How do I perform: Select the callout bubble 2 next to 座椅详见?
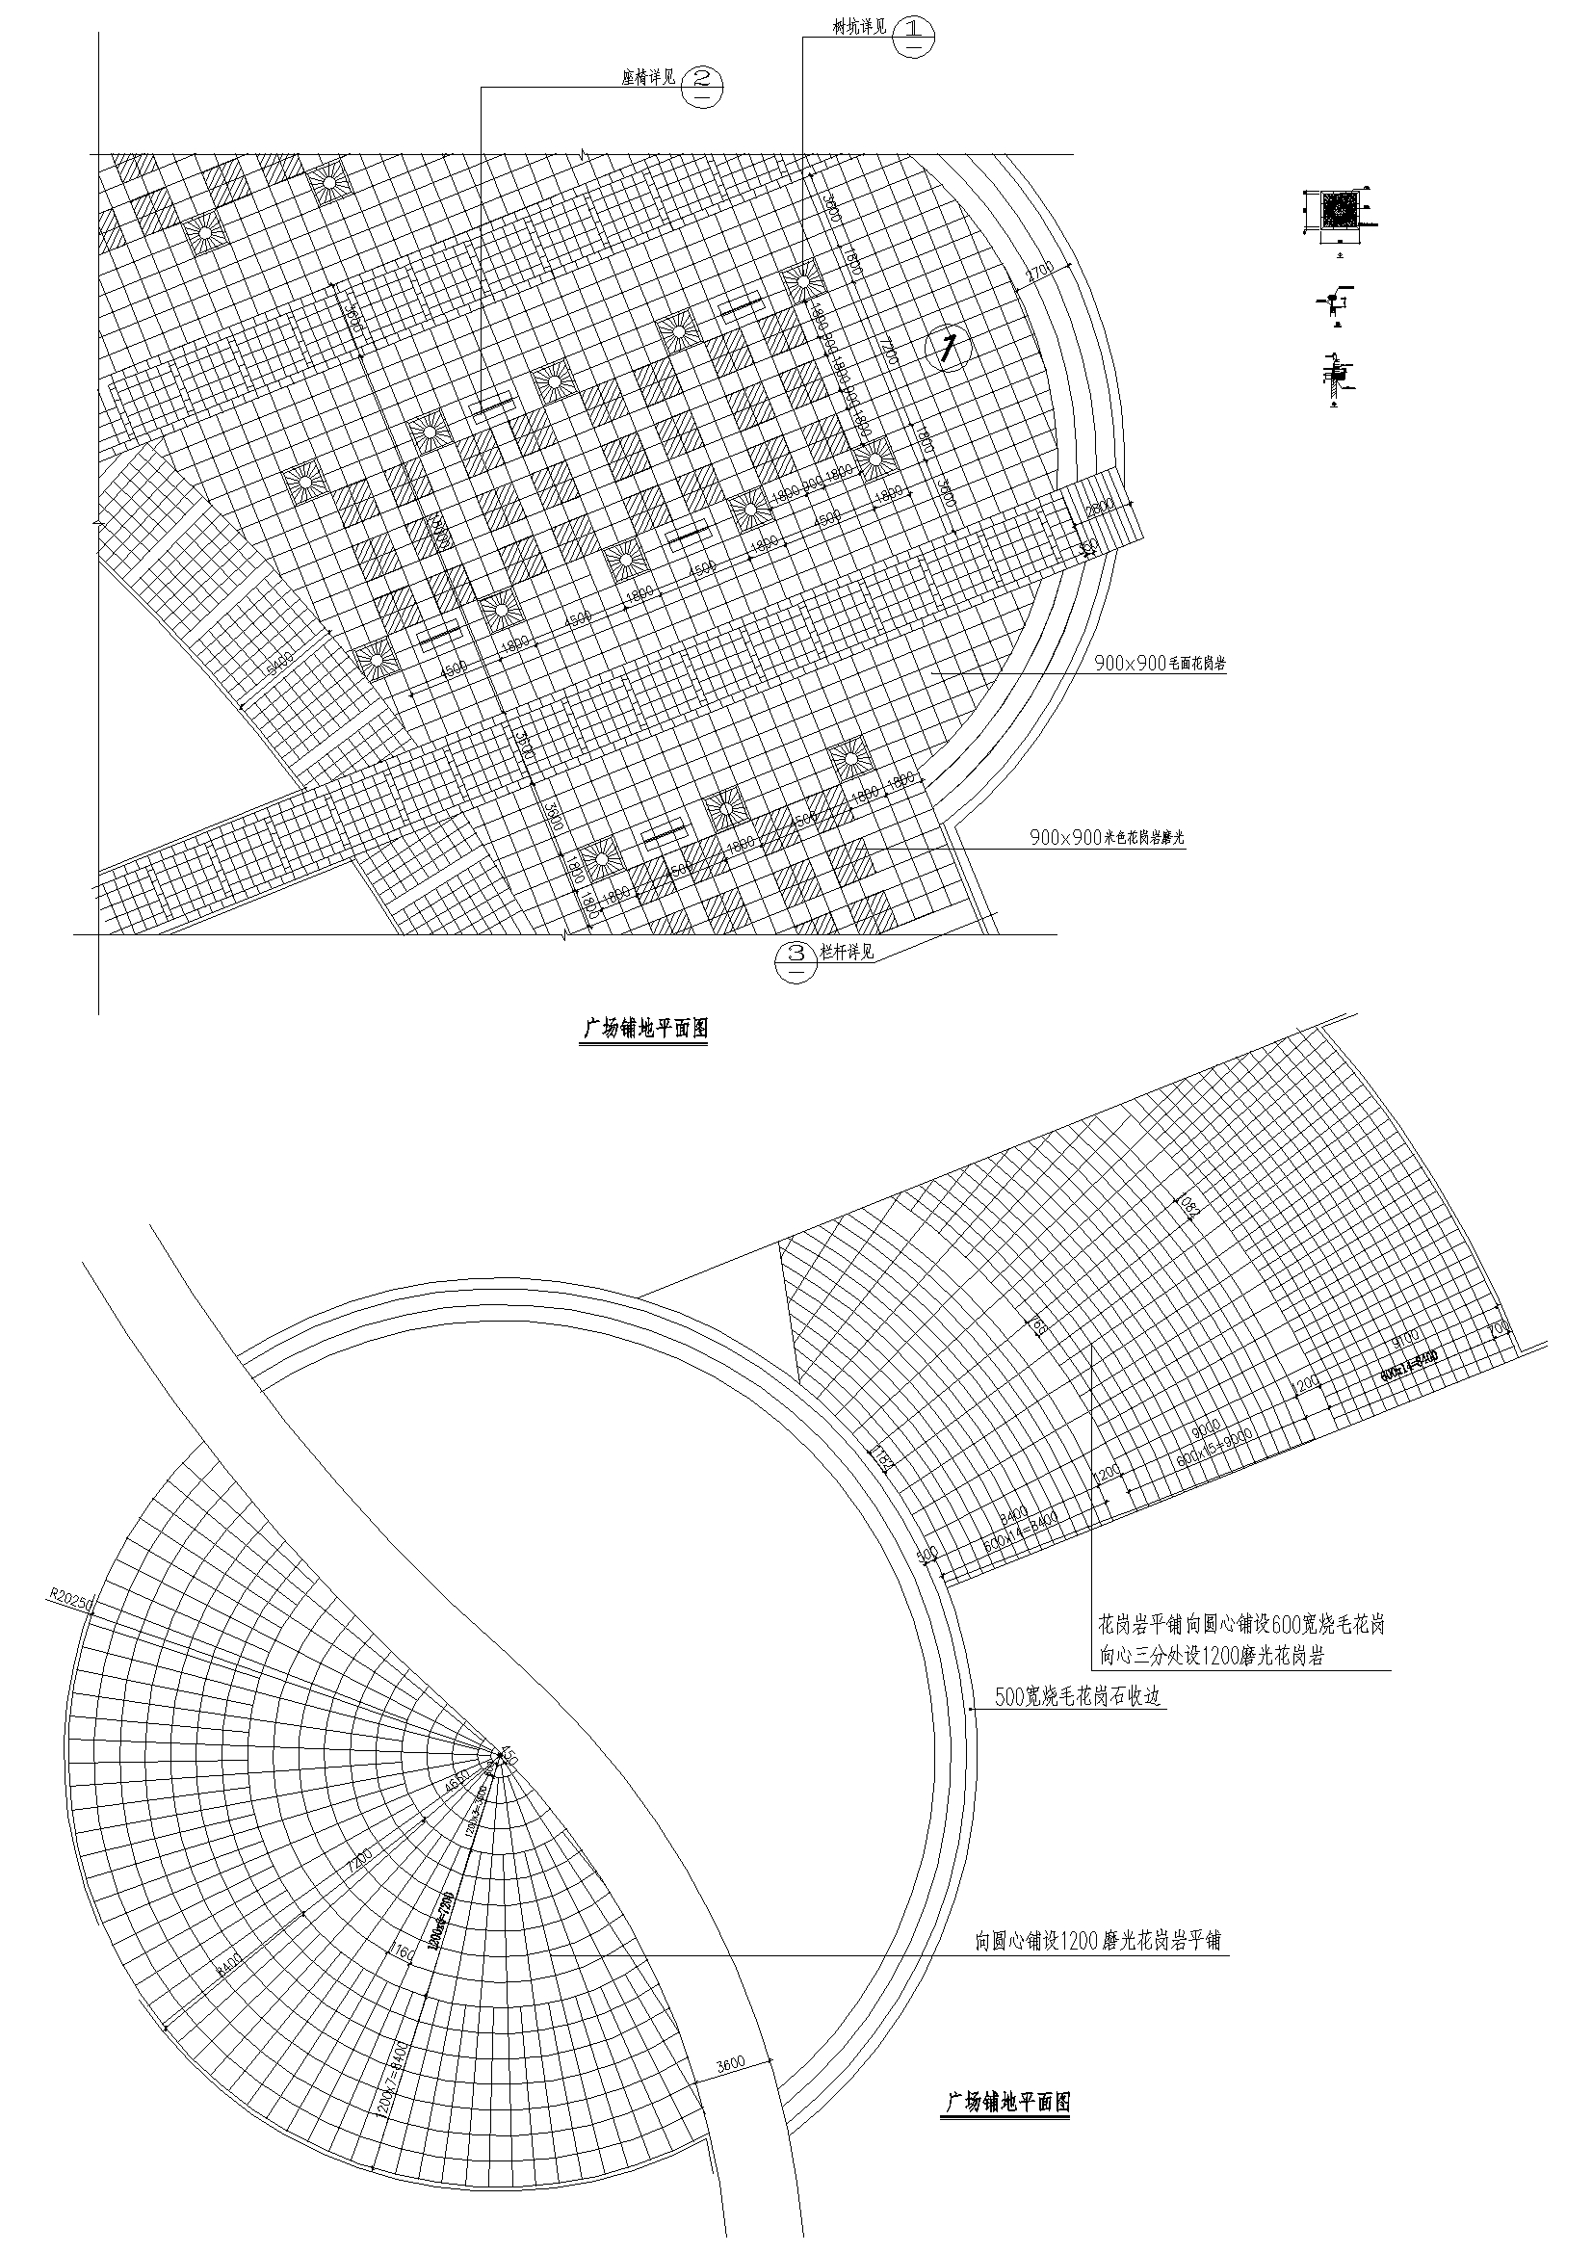(x=702, y=88)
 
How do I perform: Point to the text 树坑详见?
(x=859, y=26)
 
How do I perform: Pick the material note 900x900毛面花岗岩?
(x=1160, y=663)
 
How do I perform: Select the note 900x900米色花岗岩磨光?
(x=1107, y=838)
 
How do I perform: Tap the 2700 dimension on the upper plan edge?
(x=1037, y=272)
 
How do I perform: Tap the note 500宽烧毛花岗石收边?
(x=1078, y=1696)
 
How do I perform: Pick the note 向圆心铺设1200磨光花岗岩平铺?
(x=1098, y=1940)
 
